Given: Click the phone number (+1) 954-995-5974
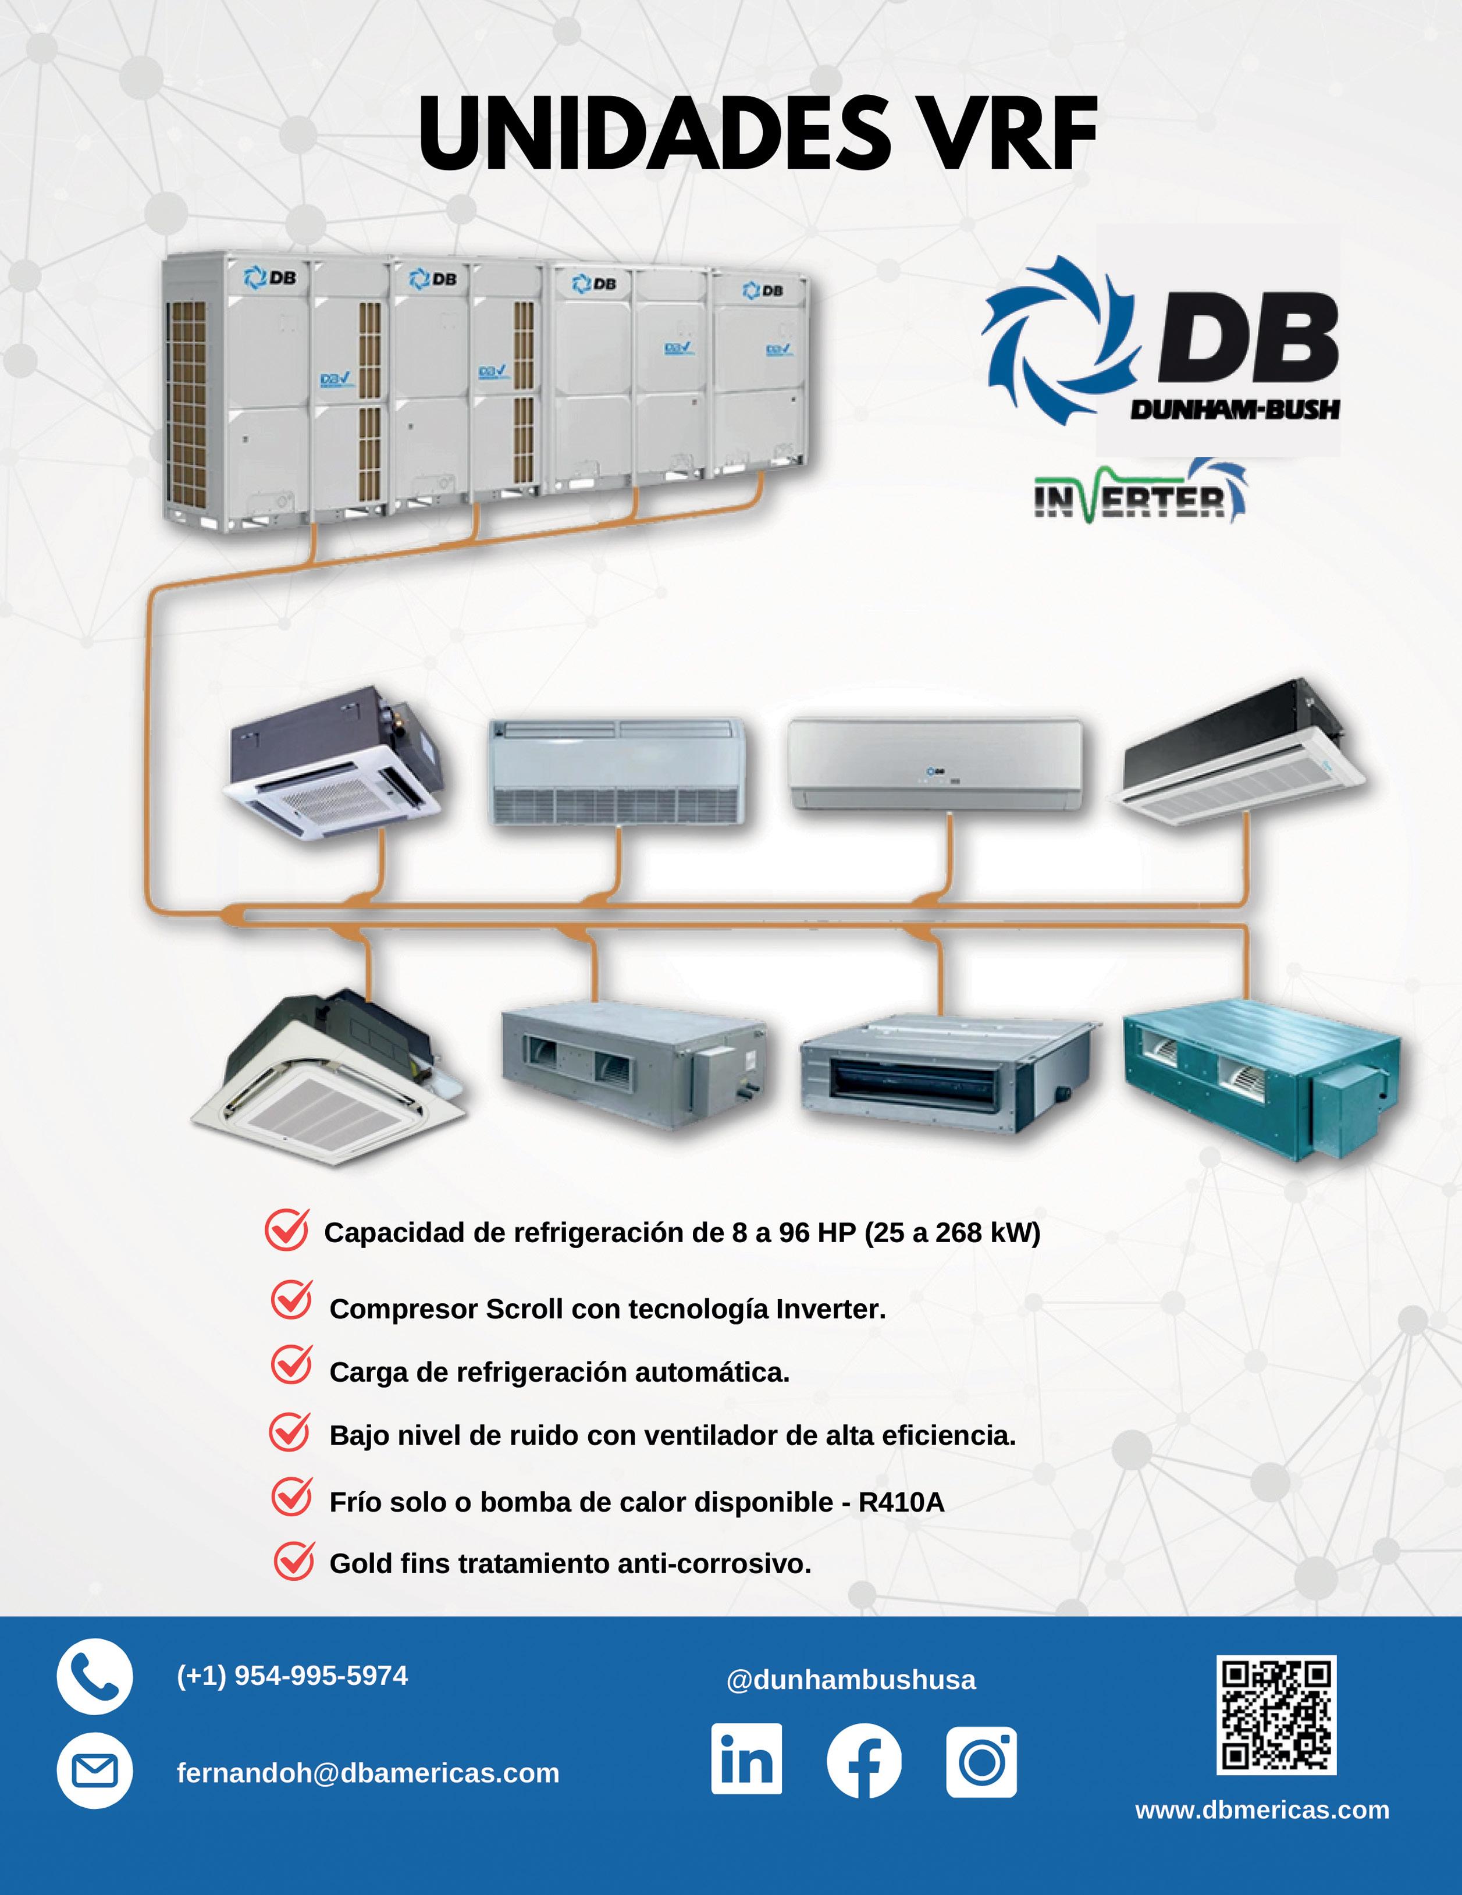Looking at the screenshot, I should [x=291, y=1676].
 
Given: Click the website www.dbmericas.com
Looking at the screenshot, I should [x=1261, y=1810].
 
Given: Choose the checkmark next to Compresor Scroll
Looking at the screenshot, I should [x=291, y=1302].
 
